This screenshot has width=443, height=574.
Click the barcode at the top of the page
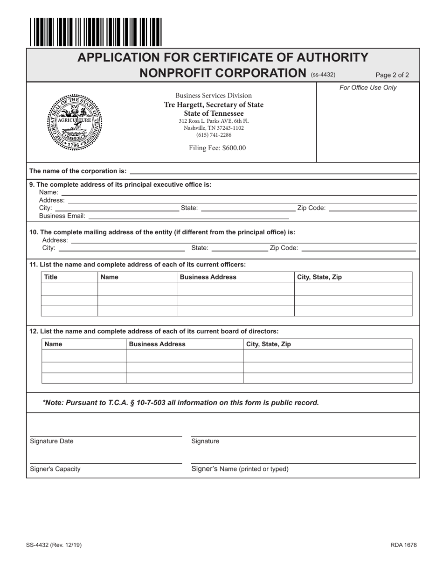pyautogui.click(x=96, y=32)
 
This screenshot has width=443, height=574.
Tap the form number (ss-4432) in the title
pyautogui.click(x=323, y=75)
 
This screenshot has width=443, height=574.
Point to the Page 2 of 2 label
pyautogui.click(x=392, y=75)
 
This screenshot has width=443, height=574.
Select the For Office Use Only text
pyautogui.click(x=368, y=88)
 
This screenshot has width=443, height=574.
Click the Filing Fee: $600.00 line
pyautogui.click(x=217, y=148)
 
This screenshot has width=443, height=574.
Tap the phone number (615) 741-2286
pyautogui.click(x=214, y=135)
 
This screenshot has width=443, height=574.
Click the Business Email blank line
pyautogui.click(x=188, y=217)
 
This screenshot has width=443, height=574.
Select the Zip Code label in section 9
pyautogui.click(x=311, y=208)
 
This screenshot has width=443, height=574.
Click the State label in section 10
pyautogui.click(x=200, y=248)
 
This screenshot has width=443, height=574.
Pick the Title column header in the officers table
pyautogui.click(x=51, y=277)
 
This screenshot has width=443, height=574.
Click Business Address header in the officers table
pyautogui.click(x=208, y=277)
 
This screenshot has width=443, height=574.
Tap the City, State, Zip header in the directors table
pyautogui.click(x=269, y=344)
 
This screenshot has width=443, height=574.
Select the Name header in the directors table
pyautogui.click(x=53, y=344)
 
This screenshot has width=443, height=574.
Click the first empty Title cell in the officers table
pyautogui.click(x=69, y=289)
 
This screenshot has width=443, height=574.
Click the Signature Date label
pyautogui.click(x=51, y=441)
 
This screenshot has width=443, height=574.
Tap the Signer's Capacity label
pyautogui.click(x=55, y=469)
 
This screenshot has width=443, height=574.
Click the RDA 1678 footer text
pyautogui.click(x=403, y=545)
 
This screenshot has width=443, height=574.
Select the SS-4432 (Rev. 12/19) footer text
pyautogui.click(x=55, y=545)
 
